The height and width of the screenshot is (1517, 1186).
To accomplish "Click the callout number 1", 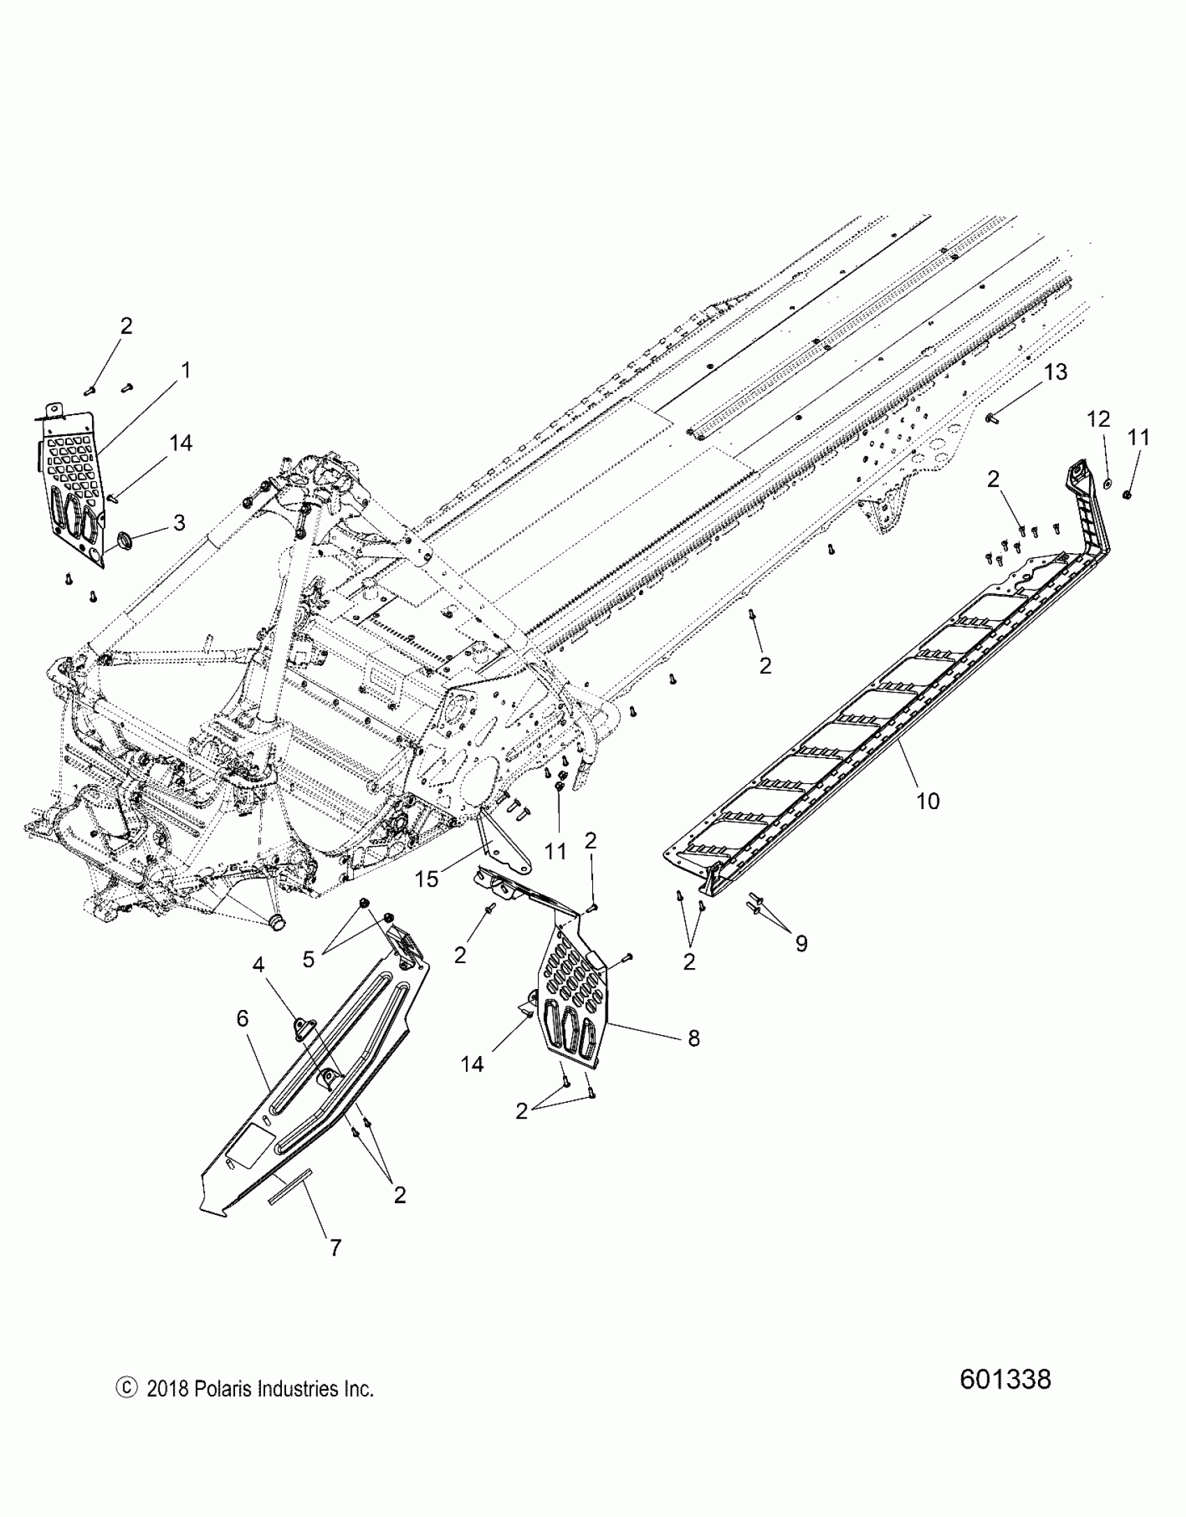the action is pos(185,370).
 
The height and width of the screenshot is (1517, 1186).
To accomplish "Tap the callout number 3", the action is pos(179,522).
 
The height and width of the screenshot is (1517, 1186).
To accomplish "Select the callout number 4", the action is pos(259,965).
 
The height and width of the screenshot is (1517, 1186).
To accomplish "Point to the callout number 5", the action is pos(308,960).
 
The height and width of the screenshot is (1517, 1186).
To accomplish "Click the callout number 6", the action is pos(242,1019).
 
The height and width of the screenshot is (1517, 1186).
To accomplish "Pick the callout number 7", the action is pos(336,1247).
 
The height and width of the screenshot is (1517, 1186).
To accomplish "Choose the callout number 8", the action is pos(693,1058).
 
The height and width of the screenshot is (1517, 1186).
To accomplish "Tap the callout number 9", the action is pos(802,944).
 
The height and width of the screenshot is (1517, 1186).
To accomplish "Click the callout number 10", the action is pos(928,801).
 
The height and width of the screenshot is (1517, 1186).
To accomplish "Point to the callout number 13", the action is pos(1057,372).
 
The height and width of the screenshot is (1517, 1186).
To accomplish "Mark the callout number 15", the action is pos(427,879).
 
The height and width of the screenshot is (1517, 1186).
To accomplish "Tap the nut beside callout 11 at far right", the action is pos(1127,495).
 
